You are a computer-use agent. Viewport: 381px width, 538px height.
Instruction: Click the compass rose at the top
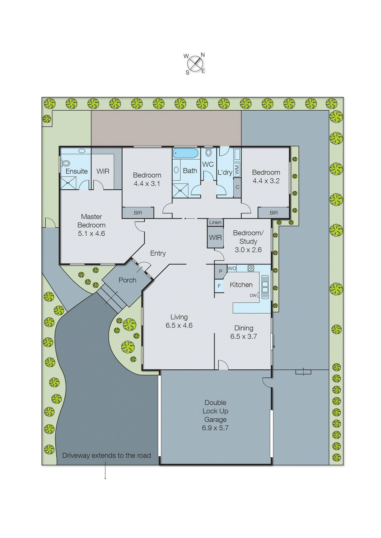195,64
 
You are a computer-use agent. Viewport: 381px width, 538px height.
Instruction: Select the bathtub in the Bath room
186,153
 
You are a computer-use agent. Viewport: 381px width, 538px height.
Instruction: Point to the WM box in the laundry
237,169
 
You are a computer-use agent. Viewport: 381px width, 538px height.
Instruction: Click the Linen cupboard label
215,222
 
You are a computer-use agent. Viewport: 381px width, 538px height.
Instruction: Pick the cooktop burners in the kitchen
251,268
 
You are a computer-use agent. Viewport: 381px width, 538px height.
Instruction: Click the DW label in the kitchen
253,296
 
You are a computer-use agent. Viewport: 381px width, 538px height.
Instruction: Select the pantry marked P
221,271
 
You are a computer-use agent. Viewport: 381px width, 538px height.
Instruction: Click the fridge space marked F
219,286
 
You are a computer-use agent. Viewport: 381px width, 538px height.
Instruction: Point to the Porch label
127,280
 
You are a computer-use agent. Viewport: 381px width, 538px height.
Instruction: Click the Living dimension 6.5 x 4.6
179,325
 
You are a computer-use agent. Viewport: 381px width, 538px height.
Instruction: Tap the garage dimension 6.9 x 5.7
215,428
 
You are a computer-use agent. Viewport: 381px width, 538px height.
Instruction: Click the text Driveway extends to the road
106,455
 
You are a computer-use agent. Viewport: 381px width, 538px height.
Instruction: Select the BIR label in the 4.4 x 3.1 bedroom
138,213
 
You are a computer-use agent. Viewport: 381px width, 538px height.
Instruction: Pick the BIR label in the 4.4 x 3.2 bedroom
274,213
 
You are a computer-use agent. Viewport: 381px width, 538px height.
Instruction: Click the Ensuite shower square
68,183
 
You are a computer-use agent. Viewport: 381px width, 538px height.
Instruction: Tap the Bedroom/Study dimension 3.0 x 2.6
248,250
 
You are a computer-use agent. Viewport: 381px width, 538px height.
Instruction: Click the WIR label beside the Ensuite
103,171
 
